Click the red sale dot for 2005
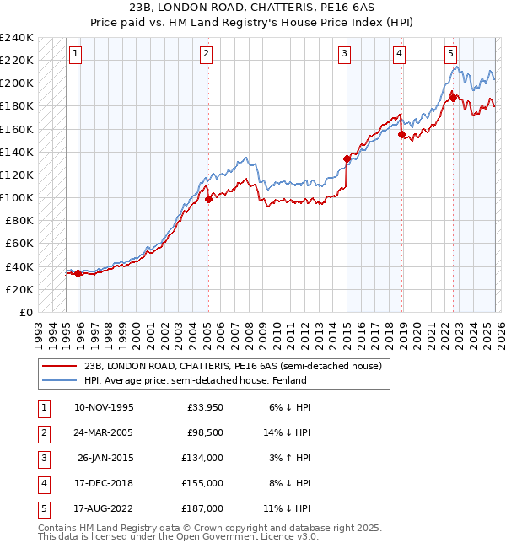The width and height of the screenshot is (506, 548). pos(208,200)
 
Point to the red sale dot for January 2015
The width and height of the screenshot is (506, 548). pos(347,158)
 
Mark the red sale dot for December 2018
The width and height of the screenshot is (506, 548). pos(401,134)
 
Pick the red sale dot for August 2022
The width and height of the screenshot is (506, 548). pos(453,98)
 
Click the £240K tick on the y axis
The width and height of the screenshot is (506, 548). pos(17,38)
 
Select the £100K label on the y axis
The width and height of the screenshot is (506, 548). pos(17,197)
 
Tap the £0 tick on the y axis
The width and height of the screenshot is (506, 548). pos(26,312)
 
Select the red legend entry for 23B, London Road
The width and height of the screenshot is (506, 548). pos(234,366)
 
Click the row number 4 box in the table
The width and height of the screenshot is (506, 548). pos(42,483)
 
